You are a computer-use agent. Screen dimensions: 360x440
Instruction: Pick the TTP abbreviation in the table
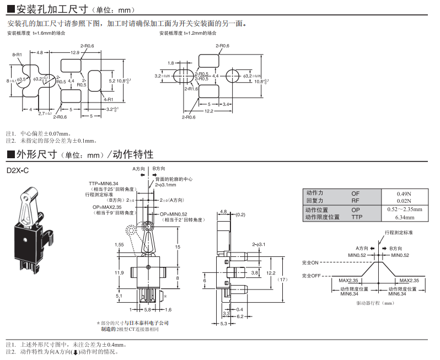[356, 217]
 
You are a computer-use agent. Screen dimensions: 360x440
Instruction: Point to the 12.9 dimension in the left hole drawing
[75, 52]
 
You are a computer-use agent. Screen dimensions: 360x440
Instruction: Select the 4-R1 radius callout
[108, 99]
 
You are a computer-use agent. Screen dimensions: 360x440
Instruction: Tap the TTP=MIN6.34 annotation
[104, 183]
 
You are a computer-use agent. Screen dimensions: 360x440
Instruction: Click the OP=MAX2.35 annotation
[107, 207]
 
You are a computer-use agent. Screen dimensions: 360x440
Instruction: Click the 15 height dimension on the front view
[178, 247]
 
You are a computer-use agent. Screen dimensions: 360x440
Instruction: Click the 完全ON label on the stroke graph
[310, 262]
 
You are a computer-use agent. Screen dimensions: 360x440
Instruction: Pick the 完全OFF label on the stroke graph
[312, 275]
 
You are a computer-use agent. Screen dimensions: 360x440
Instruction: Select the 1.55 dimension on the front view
[120, 244]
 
